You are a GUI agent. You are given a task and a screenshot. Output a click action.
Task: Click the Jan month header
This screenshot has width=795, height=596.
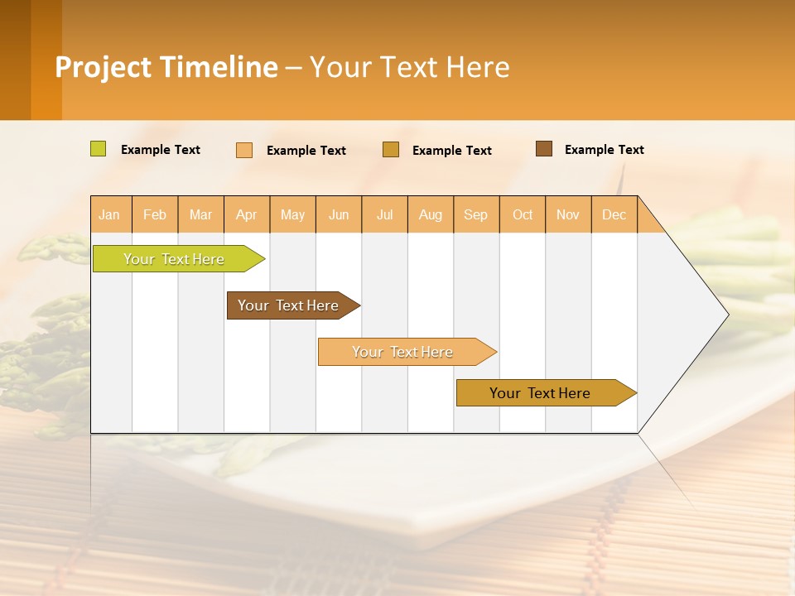[109, 214]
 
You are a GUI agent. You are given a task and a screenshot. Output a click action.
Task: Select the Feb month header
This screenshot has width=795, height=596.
[155, 214]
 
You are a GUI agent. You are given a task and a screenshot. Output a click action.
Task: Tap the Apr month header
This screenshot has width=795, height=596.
[246, 214]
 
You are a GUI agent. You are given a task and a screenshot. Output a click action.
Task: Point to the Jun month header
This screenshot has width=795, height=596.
[339, 214]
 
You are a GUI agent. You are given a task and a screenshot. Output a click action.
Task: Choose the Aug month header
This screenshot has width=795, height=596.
[430, 214]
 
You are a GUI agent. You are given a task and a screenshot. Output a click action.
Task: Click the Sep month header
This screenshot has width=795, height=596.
[475, 214]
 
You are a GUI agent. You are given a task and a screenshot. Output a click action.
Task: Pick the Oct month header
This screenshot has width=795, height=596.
[523, 214]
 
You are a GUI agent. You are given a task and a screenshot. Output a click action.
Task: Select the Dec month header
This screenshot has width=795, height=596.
[614, 214]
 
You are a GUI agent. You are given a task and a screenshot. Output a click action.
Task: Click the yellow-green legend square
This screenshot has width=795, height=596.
[99, 149]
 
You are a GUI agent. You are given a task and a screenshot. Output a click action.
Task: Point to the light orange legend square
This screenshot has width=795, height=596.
[244, 150]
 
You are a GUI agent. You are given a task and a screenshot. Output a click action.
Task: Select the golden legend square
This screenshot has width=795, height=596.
[391, 150]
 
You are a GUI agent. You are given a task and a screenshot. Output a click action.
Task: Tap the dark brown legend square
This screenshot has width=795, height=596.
[544, 149]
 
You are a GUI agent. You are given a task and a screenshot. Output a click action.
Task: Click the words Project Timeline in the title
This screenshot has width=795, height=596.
[166, 67]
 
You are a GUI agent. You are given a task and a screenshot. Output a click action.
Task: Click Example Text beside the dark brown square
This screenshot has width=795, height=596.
[604, 150]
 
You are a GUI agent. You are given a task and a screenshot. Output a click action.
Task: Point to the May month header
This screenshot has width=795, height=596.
[292, 214]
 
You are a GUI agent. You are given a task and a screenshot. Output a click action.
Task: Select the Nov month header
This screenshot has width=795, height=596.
[568, 214]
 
